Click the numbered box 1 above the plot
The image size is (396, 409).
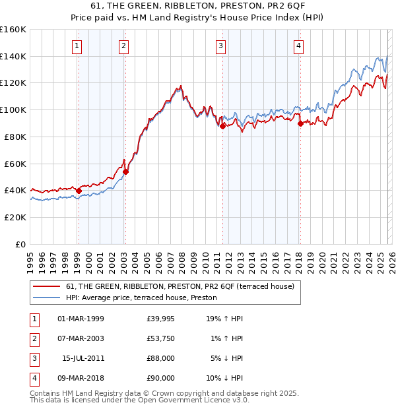[x=77, y=46]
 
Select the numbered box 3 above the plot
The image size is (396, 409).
[x=220, y=46]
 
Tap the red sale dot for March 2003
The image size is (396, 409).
[x=125, y=172]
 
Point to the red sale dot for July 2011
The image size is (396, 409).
[x=222, y=126]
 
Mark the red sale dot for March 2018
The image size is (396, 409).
[x=300, y=123]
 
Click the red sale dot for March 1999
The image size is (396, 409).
[x=79, y=191]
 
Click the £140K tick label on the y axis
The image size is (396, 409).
[x=14, y=56]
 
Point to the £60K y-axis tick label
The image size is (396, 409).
[x=16, y=164]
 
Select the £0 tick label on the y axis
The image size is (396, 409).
[x=20, y=244]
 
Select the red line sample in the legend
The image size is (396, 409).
[x=47, y=286]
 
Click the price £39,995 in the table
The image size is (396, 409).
[x=161, y=319]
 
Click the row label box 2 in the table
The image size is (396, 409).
[x=34, y=338]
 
